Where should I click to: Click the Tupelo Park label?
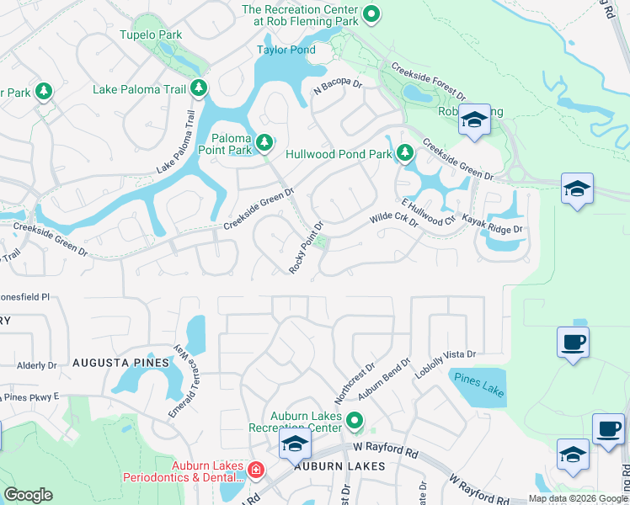(x=151, y=35)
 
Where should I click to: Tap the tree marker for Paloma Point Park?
(x=264, y=143)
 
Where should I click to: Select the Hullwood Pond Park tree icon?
(x=405, y=153)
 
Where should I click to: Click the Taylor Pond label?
(x=286, y=50)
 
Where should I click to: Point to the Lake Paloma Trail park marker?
(x=199, y=88)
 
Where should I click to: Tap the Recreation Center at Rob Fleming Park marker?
(x=371, y=14)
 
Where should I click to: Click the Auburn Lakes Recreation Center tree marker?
(x=355, y=419)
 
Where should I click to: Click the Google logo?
(x=28, y=495)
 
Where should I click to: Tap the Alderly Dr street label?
(x=36, y=365)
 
